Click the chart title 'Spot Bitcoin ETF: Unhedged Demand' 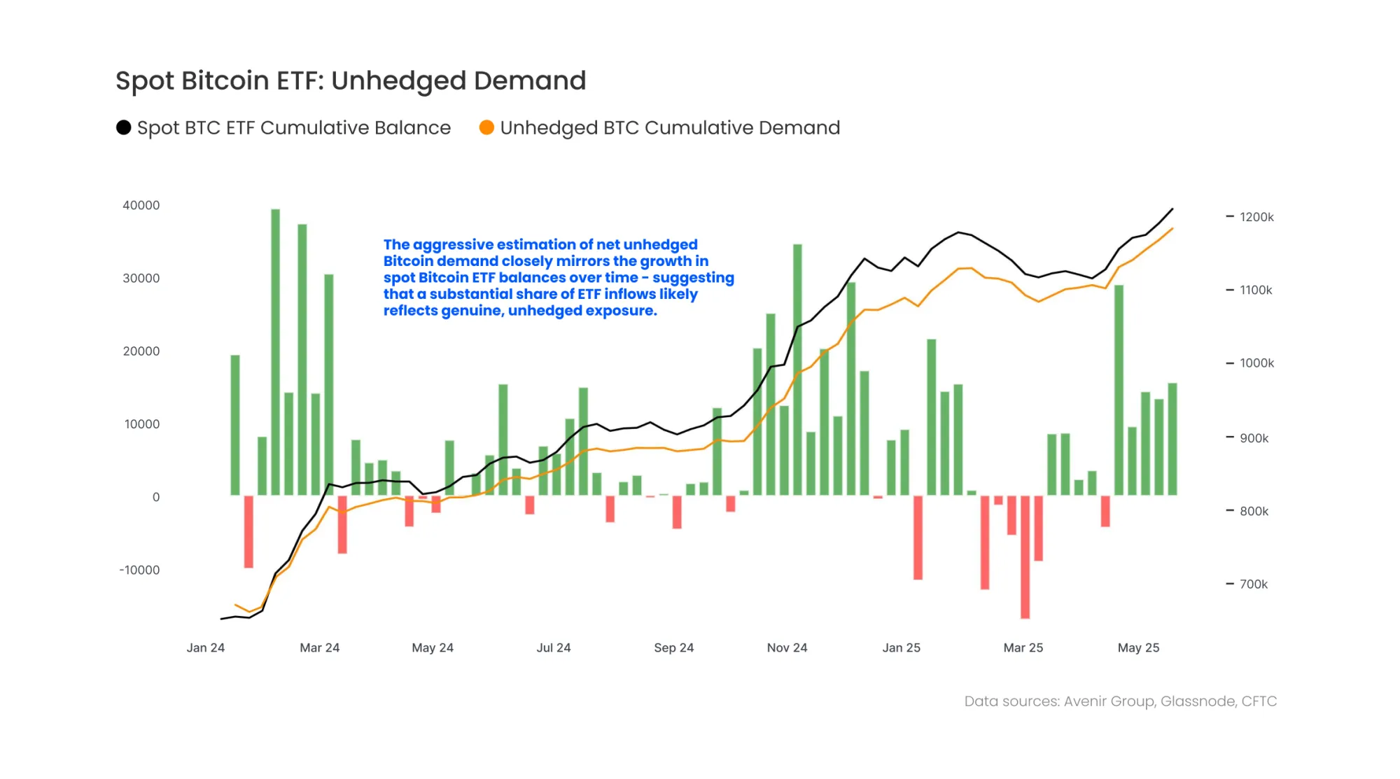(350, 81)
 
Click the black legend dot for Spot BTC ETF (124, 127)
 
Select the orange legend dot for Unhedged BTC (486, 127)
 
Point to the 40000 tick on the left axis (141, 205)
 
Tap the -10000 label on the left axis (139, 570)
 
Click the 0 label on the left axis (155, 497)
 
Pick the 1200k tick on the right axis (1256, 217)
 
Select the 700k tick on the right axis (1253, 584)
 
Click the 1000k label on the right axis (1256, 363)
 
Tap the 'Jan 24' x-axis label (205, 647)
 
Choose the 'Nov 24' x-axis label (787, 647)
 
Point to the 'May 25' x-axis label (1138, 647)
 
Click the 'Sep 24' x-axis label (673, 647)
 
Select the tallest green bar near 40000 (275, 350)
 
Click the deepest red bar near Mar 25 (1025, 556)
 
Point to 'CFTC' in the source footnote (1259, 701)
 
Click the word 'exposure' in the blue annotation (626, 310)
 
